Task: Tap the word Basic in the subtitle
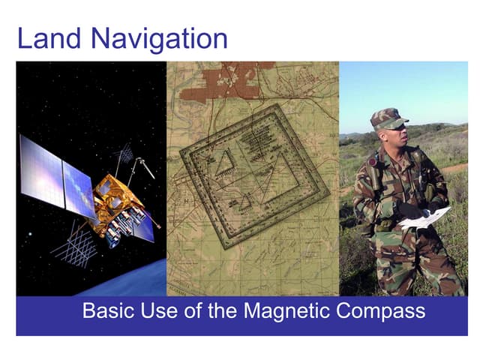[x=106, y=310]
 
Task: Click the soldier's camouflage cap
[x=388, y=118]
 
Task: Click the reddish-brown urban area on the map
[x=217, y=82]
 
